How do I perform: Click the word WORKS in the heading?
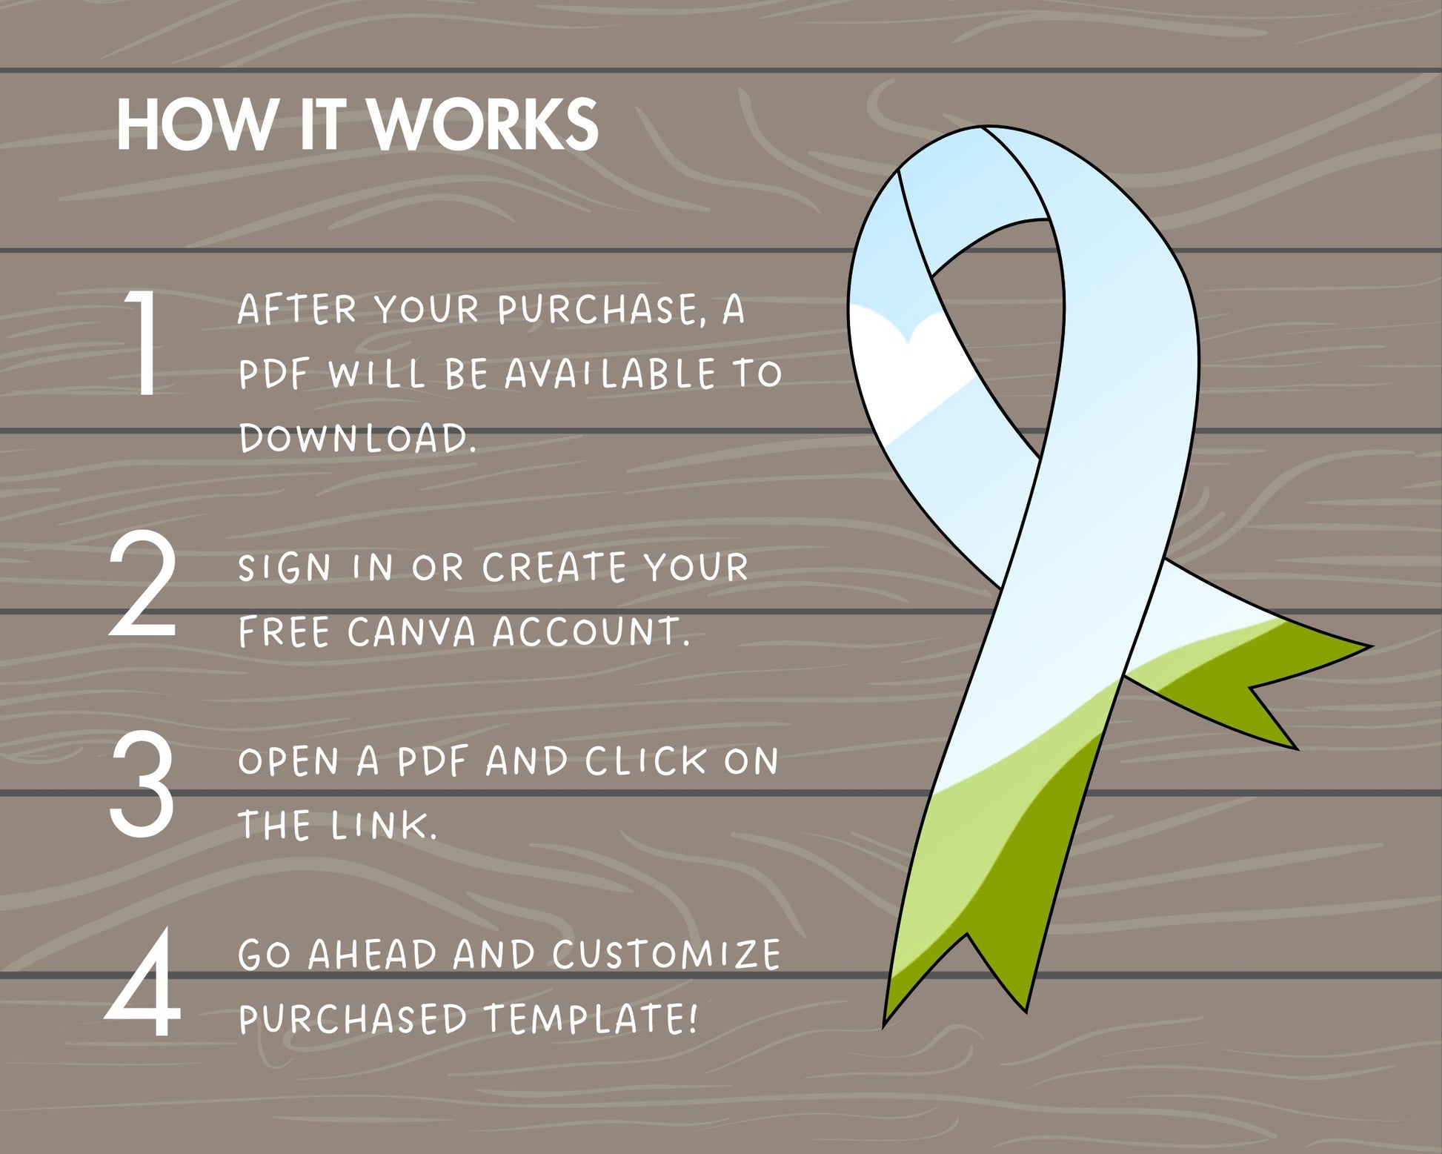[484, 125]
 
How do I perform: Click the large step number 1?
[142, 342]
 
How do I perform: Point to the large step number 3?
[142, 784]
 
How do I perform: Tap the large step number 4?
[143, 981]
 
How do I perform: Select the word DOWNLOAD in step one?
[357, 438]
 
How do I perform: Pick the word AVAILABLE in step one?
[611, 374]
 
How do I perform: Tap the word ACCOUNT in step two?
[591, 632]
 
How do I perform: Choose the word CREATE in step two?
[554, 568]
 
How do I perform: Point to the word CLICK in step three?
[646, 761]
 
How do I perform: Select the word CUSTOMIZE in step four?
[666, 955]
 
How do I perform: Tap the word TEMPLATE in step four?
[591, 1019]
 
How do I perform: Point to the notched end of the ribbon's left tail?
[966, 935]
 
